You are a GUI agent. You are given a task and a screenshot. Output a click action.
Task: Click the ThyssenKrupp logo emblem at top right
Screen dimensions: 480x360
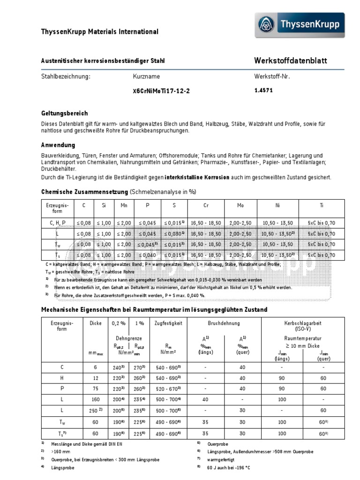tap(270, 25)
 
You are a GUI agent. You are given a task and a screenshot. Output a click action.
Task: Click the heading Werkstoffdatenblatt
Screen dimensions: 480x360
tap(291, 61)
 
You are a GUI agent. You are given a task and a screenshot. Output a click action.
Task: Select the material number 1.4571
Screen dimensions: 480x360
tap(263, 90)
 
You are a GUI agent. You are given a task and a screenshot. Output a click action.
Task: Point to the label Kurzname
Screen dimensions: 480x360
tap(146, 76)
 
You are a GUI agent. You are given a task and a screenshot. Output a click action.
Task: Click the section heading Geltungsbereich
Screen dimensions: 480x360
tap(65, 113)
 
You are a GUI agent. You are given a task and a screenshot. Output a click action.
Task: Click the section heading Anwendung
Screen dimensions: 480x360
tap(58, 145)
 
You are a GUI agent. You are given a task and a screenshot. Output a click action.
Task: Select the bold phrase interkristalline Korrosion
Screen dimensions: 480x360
tap(197, 178)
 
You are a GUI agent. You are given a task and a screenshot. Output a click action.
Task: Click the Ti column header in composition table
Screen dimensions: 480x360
tap(321, 205)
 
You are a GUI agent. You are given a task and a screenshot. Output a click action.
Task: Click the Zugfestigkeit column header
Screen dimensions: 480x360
tap(168, 323)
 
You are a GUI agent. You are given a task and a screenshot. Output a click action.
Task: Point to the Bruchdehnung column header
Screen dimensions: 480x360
tap(224, 323)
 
